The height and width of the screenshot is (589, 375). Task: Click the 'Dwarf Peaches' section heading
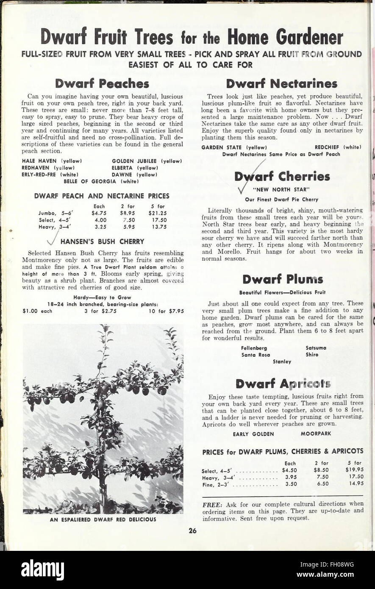[x=102, y=83]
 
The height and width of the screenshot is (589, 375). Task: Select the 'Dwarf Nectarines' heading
[x=281, y=83]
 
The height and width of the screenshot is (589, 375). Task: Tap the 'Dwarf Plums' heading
[x=283, y=279]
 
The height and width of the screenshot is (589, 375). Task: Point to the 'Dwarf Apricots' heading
[x=283, y=383]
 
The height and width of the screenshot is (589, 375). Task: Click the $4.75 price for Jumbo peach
[x=99, y=213]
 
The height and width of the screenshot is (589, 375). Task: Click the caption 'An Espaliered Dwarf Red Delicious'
[x=103, y=519]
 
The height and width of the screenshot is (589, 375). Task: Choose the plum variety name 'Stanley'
[x=282, y=361]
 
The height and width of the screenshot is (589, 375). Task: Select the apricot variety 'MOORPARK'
[x=316, y=433]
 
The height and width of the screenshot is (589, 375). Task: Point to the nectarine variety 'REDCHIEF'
[x=328, y=147]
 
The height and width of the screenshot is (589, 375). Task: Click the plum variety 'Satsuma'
[x=316, y=348]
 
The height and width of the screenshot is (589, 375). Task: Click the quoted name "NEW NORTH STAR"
[x=281, y=189]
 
